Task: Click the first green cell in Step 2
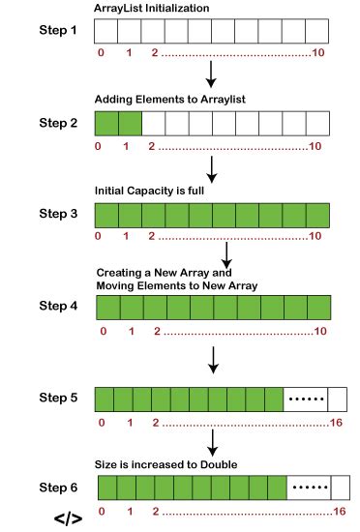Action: [x=105, y=124]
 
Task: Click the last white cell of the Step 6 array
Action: [x=339, y=486]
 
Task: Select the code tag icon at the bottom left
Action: [x=68, y=518]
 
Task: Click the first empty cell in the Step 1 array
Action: [x=105, y=33]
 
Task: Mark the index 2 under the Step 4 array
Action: [x=155, y=332]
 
